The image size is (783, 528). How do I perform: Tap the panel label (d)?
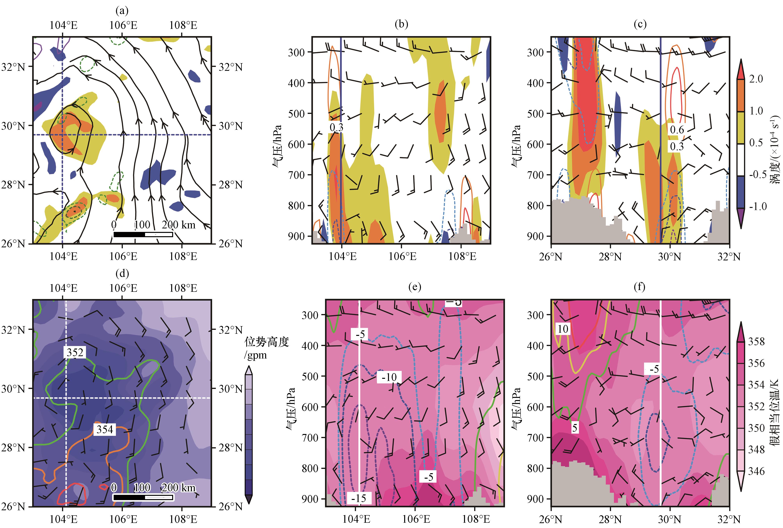[x=122, y=273]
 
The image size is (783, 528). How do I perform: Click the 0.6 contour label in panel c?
[x=677, y=130]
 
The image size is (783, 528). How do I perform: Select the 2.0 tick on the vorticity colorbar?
[x=756, y=79]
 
